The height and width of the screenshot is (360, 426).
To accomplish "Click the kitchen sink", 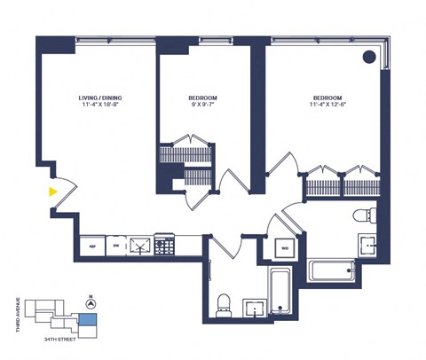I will [x=139, y=246].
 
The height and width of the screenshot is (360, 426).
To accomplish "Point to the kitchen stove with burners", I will [x=164, y=246].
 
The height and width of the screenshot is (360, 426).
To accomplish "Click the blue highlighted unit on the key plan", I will [x=89, y=321].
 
